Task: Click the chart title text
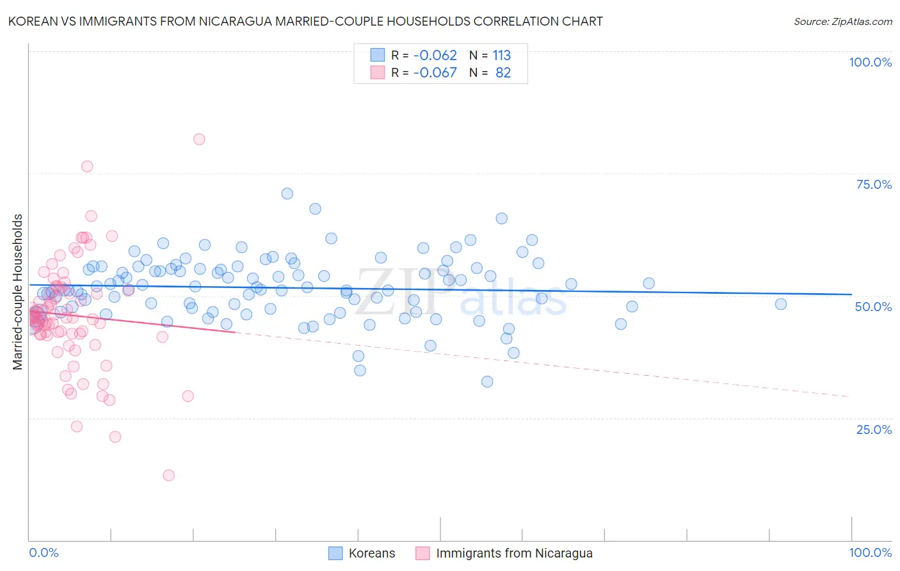[x=305, y=21]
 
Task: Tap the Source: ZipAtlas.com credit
[x=842, y=21]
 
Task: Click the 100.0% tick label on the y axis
[x=870, y=62]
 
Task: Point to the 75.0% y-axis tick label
[x=874, y=184]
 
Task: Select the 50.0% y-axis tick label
[x=873, y=307]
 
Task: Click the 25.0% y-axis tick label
[x=874, y=429]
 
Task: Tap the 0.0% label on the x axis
[x=44, y=552]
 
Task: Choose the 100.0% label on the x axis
[x=870, y=552]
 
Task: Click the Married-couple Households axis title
[x=18, y=292]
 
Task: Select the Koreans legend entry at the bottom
[x=362, y=553]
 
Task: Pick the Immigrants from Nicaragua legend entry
[x=504, y=553]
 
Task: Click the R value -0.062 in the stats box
[x=435, y=55]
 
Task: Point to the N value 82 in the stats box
[x=503, y=72]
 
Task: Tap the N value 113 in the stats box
[x=501, y=55]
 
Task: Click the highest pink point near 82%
[x=199, y=139]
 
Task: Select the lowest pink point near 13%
[x=169, y=475]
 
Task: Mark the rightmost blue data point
[x=780, y=304]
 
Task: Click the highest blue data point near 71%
[x=287, y=193]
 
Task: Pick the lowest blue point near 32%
[x=487, y=382]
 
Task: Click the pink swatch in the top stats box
[x=378, y=72]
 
